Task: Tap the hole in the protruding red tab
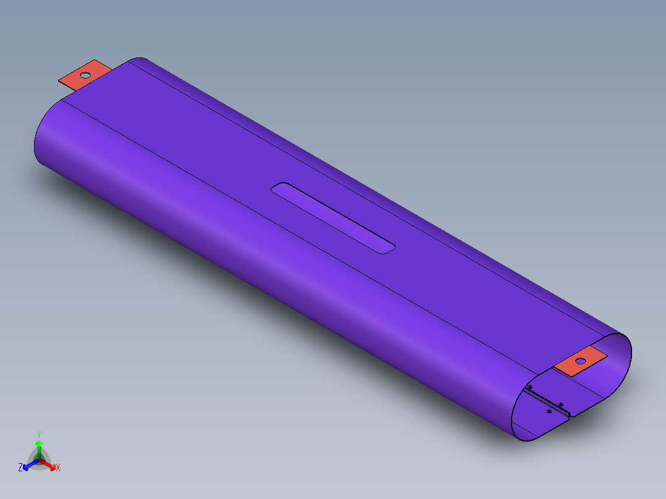coord(85,75)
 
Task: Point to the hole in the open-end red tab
coord(581,361)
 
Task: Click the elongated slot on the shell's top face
coord(334,218)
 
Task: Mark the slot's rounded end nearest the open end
coord(389,249)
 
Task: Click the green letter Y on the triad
coord(38,434)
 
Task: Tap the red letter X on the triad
coord(58,468)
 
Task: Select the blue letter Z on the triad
coord(20,468)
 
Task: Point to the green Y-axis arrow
coord(39,447)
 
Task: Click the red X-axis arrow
coord(51,464)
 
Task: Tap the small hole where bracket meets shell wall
coord(530,387)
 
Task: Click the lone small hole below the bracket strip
coord(549,411)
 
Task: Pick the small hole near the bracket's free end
coord(560,405)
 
